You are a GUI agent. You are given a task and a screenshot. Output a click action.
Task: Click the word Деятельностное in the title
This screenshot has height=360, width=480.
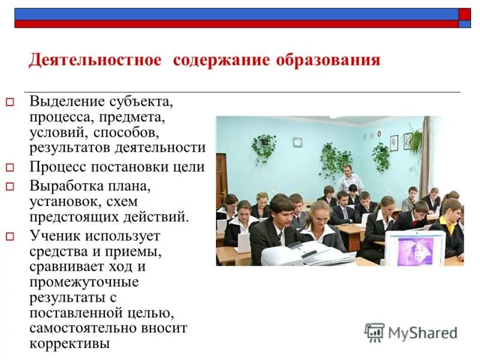pyautogui.click(x=95, y=61)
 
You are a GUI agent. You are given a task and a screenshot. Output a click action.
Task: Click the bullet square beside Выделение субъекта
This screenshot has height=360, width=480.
pyautogui.click(x=10, y=102)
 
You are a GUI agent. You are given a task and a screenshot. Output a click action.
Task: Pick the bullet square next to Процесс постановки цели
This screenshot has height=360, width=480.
pyautogui.click(x=10, y=168)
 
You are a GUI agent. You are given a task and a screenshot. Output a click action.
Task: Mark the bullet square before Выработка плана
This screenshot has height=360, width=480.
pyautogui.click(x=10, y=187)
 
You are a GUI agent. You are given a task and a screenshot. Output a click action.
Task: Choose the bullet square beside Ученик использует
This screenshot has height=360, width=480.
pyautogui.click(x=10, y=236)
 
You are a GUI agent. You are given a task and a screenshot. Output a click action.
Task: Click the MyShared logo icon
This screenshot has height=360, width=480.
pyautogui.click(x=375, y=332)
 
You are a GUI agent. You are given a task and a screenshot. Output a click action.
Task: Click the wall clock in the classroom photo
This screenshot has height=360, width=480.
pyautogui.click(x=297, y=142)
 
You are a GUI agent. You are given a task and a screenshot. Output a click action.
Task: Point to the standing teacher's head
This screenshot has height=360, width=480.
pyautogui.click(x=347, y=170)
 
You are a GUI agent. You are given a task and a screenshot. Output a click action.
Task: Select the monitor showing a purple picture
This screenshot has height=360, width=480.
pyautogui.click(x=415, y=248)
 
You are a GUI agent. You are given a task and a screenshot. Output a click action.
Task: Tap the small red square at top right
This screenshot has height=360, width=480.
pyautogui.click(x=464, y=14)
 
